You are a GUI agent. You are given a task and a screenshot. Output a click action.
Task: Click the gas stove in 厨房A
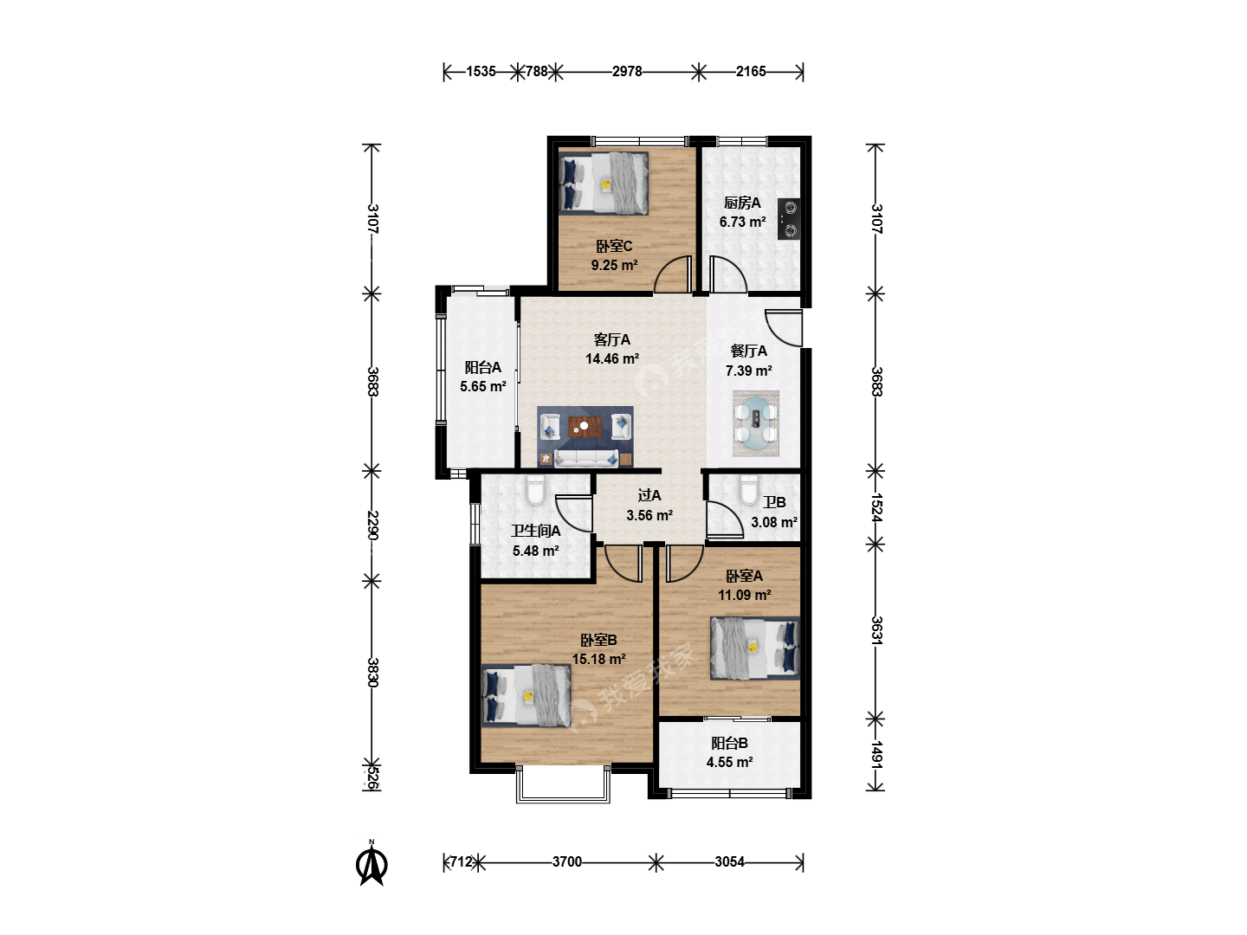coord(789,219)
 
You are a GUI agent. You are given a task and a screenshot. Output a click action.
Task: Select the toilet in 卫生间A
coord(536,490)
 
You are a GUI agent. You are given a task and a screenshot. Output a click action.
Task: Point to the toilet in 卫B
coord(749,490)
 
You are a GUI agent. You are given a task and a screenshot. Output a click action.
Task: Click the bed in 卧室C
coord(604,183)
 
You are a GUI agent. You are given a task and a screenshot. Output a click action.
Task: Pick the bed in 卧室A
coord(755,648)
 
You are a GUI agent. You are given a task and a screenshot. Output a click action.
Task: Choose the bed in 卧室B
coord(526,696)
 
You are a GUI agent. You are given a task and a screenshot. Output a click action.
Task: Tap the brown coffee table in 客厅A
coord(585,426)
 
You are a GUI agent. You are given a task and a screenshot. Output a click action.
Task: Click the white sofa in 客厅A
coord(585,458)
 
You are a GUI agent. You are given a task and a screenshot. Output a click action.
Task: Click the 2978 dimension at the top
coord(627,72)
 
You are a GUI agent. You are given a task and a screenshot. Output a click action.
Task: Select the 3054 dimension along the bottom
coord(729,861)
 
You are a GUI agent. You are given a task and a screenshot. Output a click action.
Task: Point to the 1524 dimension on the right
coord(876,507)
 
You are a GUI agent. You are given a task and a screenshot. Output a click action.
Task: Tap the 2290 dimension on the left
coord(373,526)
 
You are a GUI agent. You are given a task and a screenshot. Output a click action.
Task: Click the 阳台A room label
coord(483,367)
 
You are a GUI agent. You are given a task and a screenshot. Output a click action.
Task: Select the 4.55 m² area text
coord(729,762)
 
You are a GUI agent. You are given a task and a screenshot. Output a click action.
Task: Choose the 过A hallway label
coord(649,495)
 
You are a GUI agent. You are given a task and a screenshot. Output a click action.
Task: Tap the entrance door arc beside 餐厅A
coord(783,327)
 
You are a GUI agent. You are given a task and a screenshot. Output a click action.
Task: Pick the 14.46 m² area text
coord(612,358)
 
